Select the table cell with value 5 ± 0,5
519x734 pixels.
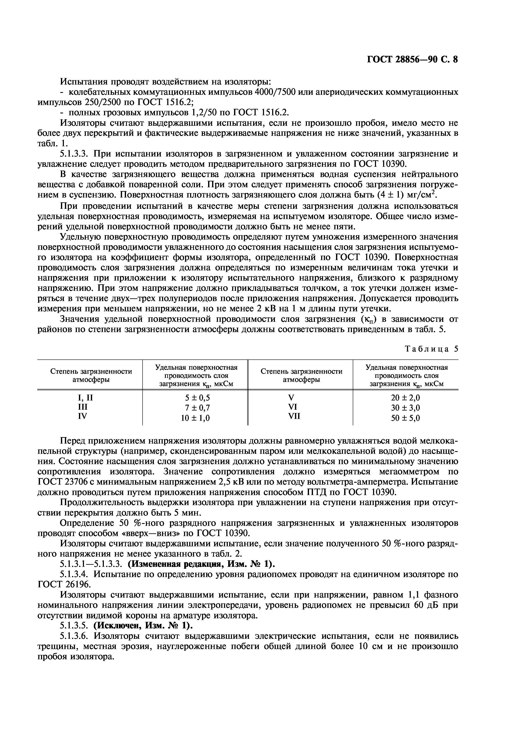(x=195, y=398)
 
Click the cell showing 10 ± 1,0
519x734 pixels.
(x=195, y=418)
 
